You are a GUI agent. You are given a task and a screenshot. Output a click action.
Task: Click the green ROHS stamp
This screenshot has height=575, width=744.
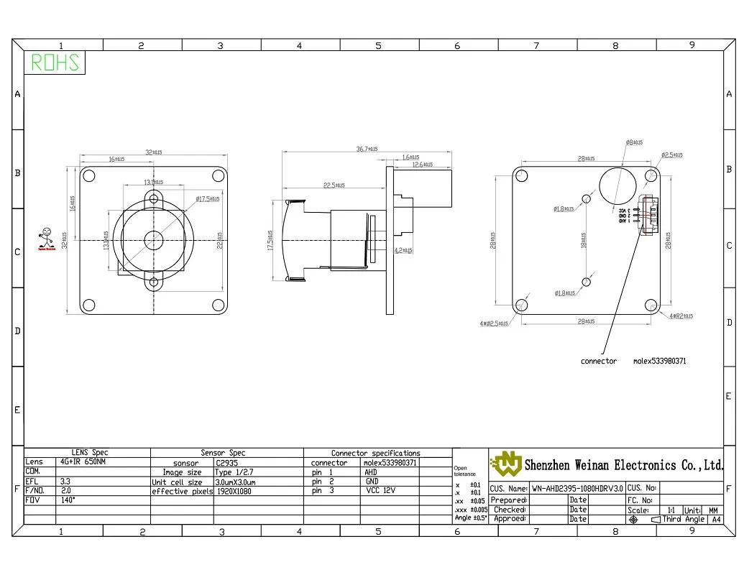(x=55, y=63)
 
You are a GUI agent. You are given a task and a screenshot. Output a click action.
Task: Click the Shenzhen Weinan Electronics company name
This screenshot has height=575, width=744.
(x=623, y=465)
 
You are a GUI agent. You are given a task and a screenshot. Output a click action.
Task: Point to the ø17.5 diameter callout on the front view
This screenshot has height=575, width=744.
(x=207, y=198)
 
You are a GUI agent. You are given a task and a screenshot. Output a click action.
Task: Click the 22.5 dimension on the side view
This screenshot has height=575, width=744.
(x=334, y=185)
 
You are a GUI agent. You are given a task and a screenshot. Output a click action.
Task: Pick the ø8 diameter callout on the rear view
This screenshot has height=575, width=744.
(x=633, y=142)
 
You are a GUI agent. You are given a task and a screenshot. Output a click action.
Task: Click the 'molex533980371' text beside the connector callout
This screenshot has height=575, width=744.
(x=659, y=361)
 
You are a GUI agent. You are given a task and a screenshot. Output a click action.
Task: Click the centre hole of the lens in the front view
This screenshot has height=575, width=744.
(x=153, y=239)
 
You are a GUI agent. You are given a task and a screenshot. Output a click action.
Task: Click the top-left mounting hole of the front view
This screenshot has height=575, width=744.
(x=89, y=176)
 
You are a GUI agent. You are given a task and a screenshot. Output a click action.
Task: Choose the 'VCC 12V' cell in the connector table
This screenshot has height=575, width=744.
(x=380, y=492)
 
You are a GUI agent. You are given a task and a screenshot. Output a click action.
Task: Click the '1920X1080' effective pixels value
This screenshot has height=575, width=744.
(x=234, y=492)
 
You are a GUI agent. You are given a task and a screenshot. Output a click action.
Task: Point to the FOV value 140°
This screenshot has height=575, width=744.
(x=68, y=500)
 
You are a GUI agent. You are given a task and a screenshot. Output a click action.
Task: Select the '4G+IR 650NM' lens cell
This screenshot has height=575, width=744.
(x=83, y=462)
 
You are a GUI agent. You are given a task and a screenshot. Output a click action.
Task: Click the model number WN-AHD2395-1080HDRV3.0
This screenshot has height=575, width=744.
(x=577, y=488)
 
